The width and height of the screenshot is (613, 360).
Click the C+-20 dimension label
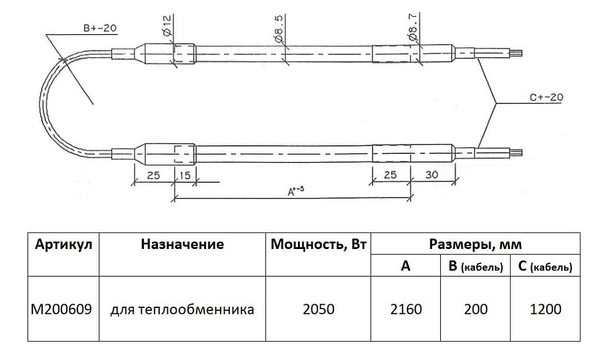pyautogui.click(x=546, y=97)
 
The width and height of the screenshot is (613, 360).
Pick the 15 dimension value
pyautogui.click(x=185, y=175)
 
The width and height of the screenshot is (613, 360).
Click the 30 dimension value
pyautogui.click(x=432, y=175)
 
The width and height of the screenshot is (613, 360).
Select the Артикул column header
pyautogui.click(x=64, y=245)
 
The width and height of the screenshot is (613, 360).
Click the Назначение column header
pyautogui.click(x=182, y=245)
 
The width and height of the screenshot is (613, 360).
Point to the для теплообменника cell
pyautogui.click(x=182, y=310)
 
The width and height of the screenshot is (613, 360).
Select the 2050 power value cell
pyautogui.click(x=319, y=309)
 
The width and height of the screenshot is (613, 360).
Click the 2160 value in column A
pyautogui.click(x=406, y=309)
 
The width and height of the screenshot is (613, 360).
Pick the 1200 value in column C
pyautogui.click(x=546, y=309)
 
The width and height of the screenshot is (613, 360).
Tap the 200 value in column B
pyautogui.click(x=476, y=309)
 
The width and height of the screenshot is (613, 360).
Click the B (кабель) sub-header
pyautogui.click(x=476, y=267)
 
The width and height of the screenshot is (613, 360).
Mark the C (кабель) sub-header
pyautogui.click(x=546, y=267)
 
